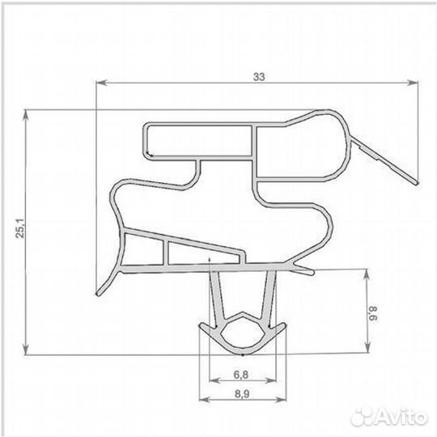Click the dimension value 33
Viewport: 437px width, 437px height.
(x=259, y=77)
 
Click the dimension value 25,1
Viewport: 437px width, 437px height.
(x=20, y=228)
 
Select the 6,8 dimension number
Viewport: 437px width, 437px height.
(x=241, y=375)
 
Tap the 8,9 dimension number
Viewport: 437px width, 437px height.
(x=242, y=394)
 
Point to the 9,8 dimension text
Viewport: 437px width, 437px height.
(x=373, y=313)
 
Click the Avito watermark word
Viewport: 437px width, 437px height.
(x=401, y=417)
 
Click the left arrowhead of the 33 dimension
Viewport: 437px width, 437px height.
(x=101, y=83)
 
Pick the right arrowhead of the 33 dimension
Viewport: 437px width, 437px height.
(x=413, y=83)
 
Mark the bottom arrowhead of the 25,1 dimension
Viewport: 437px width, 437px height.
(x=26, y=350)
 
